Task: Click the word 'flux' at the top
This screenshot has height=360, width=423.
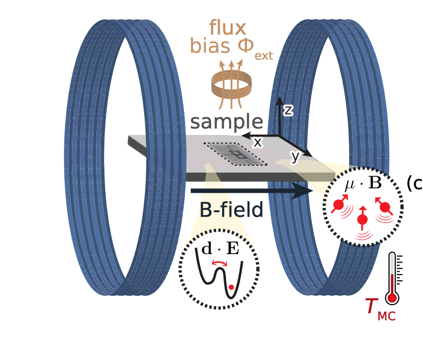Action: (228, 28)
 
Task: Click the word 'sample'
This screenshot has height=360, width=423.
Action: (227, 122)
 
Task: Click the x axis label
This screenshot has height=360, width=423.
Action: (258, 143)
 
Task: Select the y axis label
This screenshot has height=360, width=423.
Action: (295, 157)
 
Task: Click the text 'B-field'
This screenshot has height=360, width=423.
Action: (231, 209)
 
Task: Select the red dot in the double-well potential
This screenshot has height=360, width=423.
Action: (231, 287)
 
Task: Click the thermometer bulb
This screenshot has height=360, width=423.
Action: (392, 298)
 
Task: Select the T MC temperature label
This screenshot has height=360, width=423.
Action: (380, 308)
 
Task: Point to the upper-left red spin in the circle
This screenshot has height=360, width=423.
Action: (339, 204)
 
